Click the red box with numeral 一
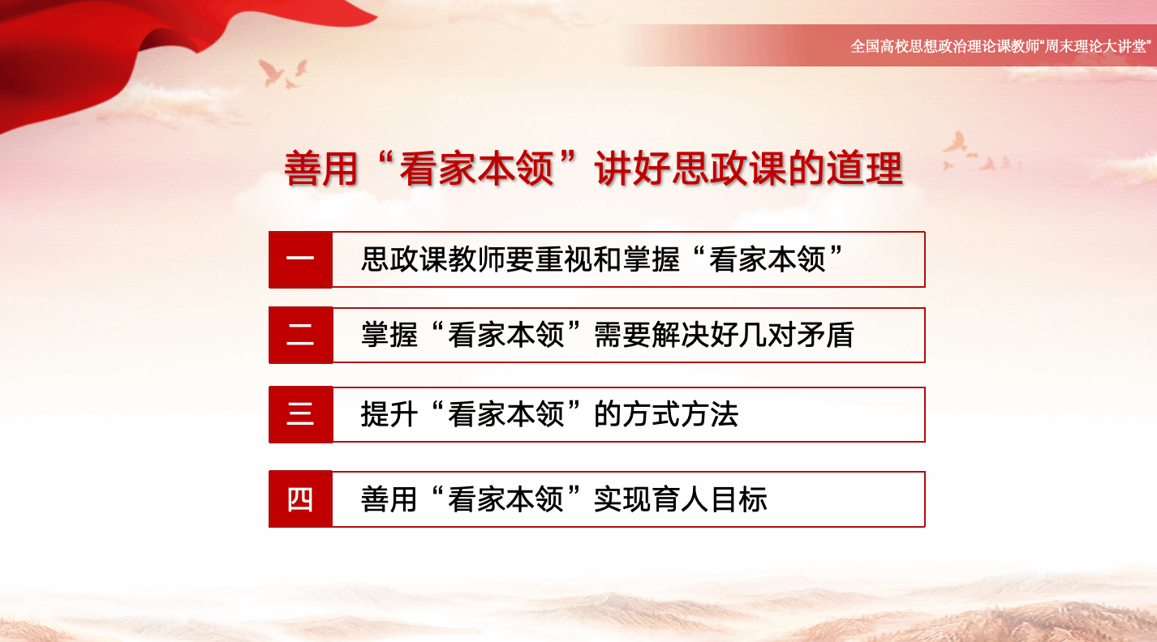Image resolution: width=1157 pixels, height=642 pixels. coord(301,259)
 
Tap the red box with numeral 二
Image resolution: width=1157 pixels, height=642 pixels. coord(301,335)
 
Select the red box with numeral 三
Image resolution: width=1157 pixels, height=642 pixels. coord(301,414)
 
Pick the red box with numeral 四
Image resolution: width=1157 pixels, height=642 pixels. coord(301,499)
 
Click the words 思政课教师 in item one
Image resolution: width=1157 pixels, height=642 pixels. coord(432,259)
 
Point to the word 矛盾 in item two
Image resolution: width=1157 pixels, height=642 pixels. coord(825,335)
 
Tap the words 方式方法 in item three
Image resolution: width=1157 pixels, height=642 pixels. coord(666,414)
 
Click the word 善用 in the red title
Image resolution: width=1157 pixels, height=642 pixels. coord(321,169)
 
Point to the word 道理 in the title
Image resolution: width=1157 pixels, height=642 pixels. coord(865,169)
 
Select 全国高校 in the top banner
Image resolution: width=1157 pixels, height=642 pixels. coord(880,46)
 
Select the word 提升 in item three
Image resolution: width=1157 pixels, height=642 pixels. coord(389,414)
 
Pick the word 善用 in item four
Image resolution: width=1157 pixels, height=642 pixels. coord(389,499)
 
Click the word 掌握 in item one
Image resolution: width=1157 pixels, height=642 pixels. coord(652,259)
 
